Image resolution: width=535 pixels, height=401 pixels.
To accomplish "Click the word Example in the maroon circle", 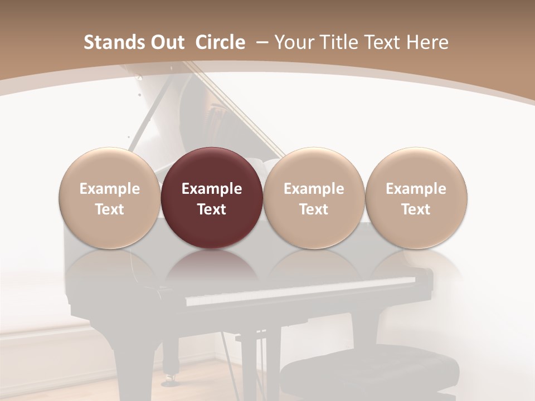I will click(211, 189).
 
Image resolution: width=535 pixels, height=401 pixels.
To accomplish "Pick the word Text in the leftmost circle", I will click(109, 209).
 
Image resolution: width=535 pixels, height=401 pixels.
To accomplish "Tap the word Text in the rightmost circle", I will click(416, 209).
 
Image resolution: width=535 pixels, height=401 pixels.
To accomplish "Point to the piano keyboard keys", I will click(301, 290).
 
